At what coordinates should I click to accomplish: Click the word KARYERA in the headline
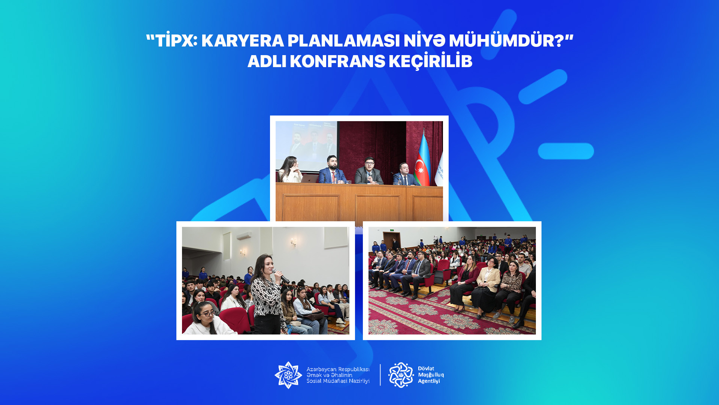(243, 40)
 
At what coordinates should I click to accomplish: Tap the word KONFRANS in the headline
(337, 61)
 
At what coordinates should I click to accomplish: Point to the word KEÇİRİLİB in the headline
(431, 60)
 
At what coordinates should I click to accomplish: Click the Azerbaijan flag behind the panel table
(422, 159)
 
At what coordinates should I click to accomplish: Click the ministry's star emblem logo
(288, 375)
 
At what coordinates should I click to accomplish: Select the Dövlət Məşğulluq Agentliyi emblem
(401, 375)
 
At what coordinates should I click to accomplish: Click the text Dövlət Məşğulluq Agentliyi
(431, 375)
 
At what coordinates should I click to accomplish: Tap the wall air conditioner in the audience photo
(244, 235)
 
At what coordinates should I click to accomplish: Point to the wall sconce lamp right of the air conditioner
(294, 243)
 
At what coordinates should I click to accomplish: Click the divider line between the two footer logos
(380, 375)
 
